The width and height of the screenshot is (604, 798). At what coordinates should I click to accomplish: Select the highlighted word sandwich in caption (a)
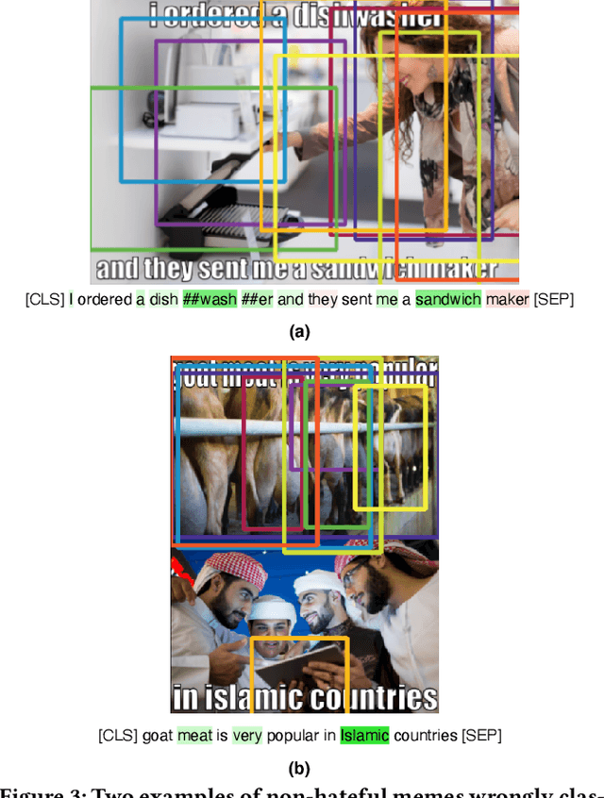click(447, 300)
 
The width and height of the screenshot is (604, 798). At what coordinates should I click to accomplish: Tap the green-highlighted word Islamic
click(364, 735)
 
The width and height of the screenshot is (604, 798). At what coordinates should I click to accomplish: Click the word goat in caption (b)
click(158, 735)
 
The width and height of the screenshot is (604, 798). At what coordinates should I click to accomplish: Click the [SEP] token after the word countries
click(481, 735)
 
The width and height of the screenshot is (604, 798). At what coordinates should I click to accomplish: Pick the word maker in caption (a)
click(508, 300)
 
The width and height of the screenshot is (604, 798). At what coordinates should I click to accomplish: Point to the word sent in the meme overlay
click(222, 269)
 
